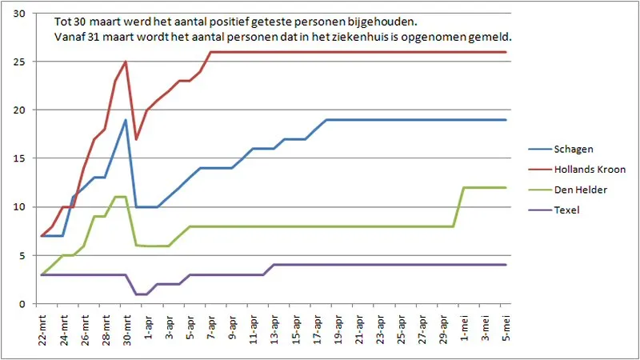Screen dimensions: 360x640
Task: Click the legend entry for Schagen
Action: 576,149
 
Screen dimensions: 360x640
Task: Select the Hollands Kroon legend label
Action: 589,170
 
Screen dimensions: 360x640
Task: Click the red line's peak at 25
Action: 126,62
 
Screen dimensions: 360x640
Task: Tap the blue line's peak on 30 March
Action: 126,120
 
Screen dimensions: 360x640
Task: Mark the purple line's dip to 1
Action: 142,294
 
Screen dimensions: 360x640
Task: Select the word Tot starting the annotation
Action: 63,22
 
